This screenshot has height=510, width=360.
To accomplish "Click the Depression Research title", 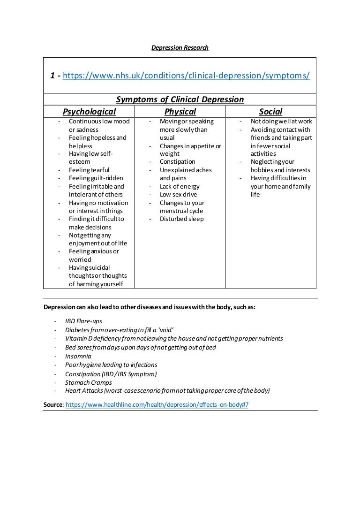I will point(180,48).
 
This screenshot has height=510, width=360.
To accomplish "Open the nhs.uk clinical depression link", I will point(186,76).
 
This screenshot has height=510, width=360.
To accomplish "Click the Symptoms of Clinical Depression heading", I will point(180,99).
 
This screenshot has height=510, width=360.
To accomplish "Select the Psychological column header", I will point(89,112).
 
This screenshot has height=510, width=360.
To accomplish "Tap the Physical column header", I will point(180,112).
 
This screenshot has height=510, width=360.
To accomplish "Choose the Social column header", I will point(270,112).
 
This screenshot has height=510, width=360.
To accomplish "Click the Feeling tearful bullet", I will point(89,170).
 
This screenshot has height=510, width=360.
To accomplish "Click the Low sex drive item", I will point(178,195).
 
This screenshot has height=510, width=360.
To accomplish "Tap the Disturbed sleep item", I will point(181,219).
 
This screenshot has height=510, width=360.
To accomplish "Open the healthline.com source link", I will point(157,404).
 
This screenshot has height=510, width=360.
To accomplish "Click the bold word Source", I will point(53,404).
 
